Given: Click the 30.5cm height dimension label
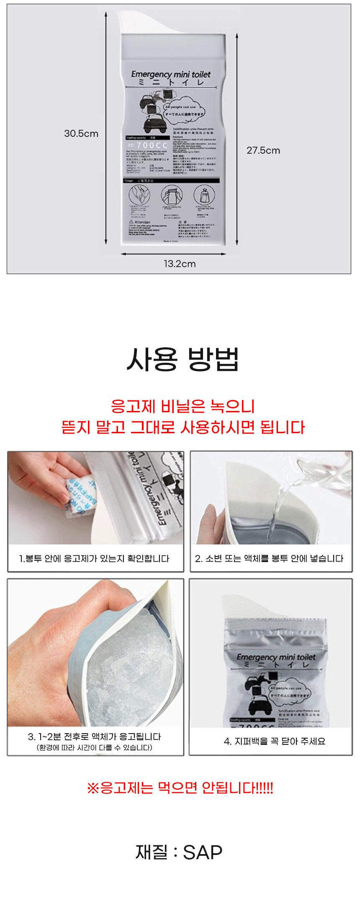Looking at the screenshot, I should pyautogui.click(x=81, y=133).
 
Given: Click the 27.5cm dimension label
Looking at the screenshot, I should pyautogui.click(x=263, y=150).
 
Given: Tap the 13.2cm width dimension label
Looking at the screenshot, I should pyautogui.click(x=180, y=264).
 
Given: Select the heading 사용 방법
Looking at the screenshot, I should pyautogui.click(x=183, y=359).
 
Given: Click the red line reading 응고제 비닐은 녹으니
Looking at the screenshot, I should pyautogui.click(x=183, y=406).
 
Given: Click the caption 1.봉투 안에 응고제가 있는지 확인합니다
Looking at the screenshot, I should pyautogui.click(x=94, y=559).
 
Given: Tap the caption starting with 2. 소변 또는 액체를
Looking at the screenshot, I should pyautogui.click(x=269, y=559).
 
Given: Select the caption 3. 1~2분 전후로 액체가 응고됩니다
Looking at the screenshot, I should pyautogui.click(x=94, y=736).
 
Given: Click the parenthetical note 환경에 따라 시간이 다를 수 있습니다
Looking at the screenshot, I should pyautogui.click(x=94, y=747).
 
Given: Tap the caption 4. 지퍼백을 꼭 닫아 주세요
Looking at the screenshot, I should pyautogui.click(x=275, y=741).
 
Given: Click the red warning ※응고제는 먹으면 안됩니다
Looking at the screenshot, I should pyautogui.click(x=180, y=788).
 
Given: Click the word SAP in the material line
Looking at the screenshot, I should pyautogui.click(x=203, y=852).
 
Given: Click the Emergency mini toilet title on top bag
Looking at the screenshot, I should pyautogui.click(x=171, y=74).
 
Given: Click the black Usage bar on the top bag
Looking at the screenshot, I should pyautogui.click(x=171, y=180).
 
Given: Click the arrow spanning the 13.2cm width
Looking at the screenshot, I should pyautogui.click(x=173, y=254).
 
